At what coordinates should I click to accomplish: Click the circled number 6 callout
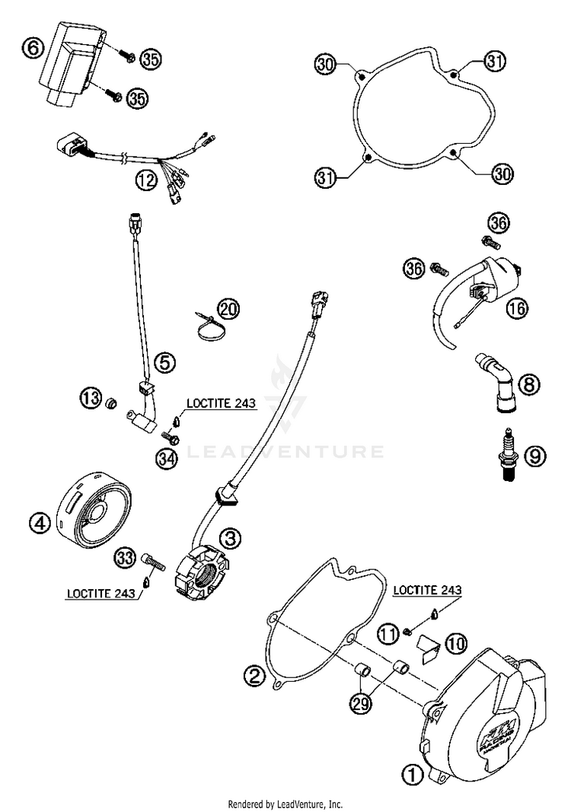point(32,49)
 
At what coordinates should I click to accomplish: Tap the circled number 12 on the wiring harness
point(146,180)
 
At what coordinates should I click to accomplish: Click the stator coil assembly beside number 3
point(199,572)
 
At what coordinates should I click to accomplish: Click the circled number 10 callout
point(455,644)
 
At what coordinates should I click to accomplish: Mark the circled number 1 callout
point(410,775)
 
